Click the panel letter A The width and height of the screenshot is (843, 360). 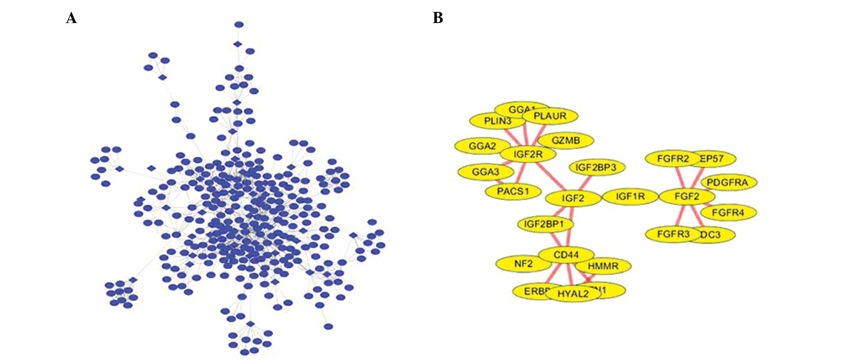point(71,18)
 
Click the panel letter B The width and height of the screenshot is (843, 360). point(437,18)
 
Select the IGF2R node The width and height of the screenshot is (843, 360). point(528,154)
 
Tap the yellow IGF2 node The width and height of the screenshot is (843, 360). point(573,198)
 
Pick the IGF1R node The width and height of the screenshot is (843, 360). point(630,196)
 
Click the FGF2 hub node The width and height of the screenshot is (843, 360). point(687,196)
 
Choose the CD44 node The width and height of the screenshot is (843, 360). point(566,255)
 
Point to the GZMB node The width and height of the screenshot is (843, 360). point(566,141)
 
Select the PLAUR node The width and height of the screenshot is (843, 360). point(550,116)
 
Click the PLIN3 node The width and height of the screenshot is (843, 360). point(497,121)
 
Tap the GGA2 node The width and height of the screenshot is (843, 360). point(482,146)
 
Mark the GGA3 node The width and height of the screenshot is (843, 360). point(485,172)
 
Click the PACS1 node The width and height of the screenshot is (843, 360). point(513,191)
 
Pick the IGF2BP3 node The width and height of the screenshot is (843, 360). point(596,167)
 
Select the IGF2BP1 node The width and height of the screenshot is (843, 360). point(544,224)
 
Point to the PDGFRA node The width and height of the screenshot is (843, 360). point(728,183)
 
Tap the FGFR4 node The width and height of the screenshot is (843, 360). point(728,213)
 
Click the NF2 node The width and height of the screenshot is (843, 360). point(523,264)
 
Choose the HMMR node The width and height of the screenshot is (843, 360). point(603,266)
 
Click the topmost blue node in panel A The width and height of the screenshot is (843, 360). point(239,25)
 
